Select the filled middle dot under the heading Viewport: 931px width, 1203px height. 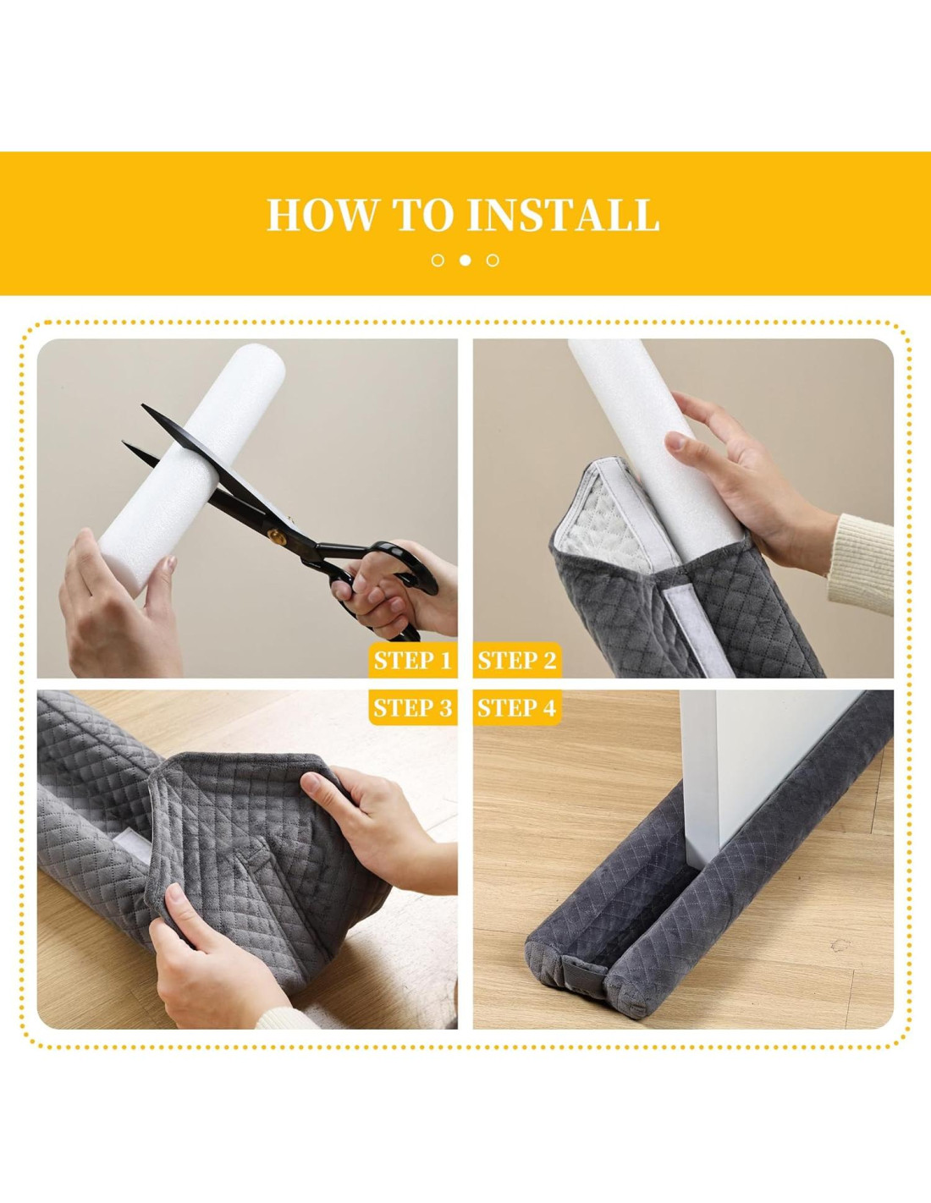[465, 261]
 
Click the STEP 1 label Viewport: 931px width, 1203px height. [413, 661]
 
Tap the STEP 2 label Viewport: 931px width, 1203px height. [517, 661]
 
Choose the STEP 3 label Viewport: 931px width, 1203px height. [413, 707]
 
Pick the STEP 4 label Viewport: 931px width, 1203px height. [517, 707]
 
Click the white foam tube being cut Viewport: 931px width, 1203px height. [191, 468]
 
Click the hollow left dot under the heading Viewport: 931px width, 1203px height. [438, 261]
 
